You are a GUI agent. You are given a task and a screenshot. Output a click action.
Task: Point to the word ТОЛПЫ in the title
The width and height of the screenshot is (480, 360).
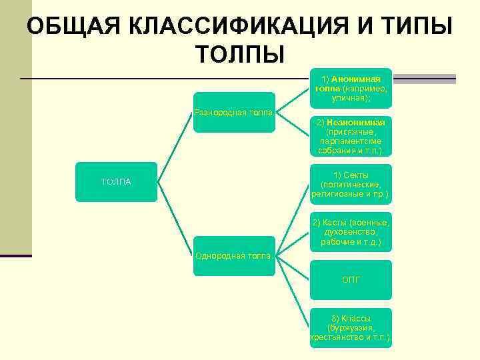tap(240, 53)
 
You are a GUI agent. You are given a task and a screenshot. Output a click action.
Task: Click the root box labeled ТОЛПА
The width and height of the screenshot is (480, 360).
tap(116, 182)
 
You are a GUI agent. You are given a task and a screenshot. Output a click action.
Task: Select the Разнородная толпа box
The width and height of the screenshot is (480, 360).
tap(234, 112)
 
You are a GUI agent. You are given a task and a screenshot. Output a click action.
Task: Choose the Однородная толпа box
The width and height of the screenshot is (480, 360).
tap(234, 255)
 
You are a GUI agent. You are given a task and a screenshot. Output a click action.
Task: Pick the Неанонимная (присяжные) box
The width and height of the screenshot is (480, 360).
tap(351, 137)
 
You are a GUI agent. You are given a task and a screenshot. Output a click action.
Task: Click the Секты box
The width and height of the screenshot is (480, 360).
tap(351, 185)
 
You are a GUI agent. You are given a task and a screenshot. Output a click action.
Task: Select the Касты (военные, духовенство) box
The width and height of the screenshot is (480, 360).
tap(351, 232)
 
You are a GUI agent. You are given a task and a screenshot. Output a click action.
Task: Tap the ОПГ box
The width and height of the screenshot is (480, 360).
tap(351, 280)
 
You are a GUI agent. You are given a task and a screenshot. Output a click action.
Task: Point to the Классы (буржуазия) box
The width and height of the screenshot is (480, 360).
tap(351, 328)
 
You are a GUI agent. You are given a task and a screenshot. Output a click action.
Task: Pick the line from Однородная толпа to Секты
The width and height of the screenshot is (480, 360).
tap(293, 220)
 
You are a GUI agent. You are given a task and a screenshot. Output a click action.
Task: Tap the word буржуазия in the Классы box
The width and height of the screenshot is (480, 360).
tap(351, 328)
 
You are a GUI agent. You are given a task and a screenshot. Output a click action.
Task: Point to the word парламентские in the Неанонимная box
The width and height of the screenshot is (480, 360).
tap(351, 141)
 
